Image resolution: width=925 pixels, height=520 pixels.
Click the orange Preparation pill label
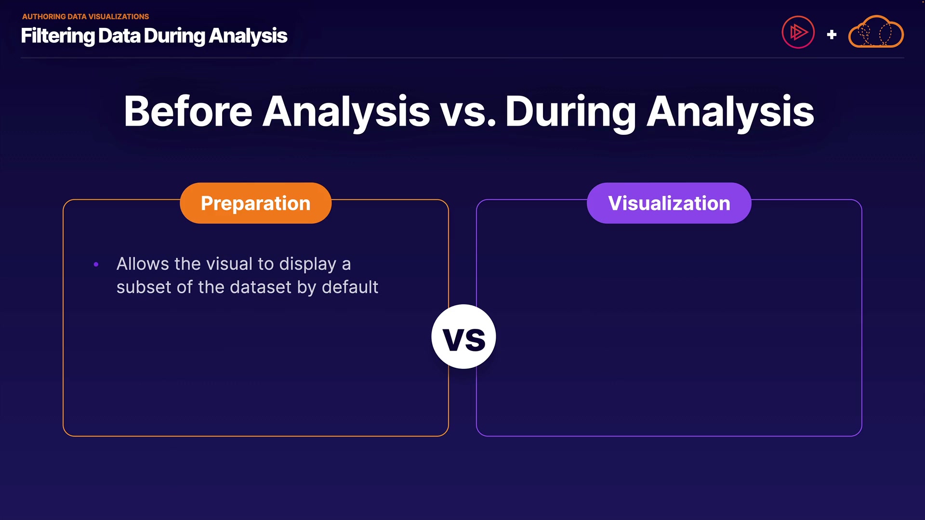tap(255, 203)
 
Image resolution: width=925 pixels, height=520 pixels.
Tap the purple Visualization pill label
tap(669, 203)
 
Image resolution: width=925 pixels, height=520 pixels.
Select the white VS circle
tap(463, 337)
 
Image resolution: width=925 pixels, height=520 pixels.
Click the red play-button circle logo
tap(798, 32)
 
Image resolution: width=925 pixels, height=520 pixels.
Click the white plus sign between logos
tap(832, 35)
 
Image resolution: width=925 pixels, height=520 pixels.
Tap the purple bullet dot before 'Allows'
tap(96, 264)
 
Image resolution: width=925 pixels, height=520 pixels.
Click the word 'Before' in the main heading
tap(188, 111)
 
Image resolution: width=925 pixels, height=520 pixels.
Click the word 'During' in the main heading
tap(571, 114)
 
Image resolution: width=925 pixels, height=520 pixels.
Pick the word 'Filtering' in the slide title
tap(58, 36)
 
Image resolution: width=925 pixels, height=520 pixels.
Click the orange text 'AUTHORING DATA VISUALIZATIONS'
tap(85, 16)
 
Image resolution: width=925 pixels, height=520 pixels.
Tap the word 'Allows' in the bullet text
tap(143, 264)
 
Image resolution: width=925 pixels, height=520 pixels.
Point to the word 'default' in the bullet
tap(350, 287)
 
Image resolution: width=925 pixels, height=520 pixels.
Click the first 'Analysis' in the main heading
tap(346, 114)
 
